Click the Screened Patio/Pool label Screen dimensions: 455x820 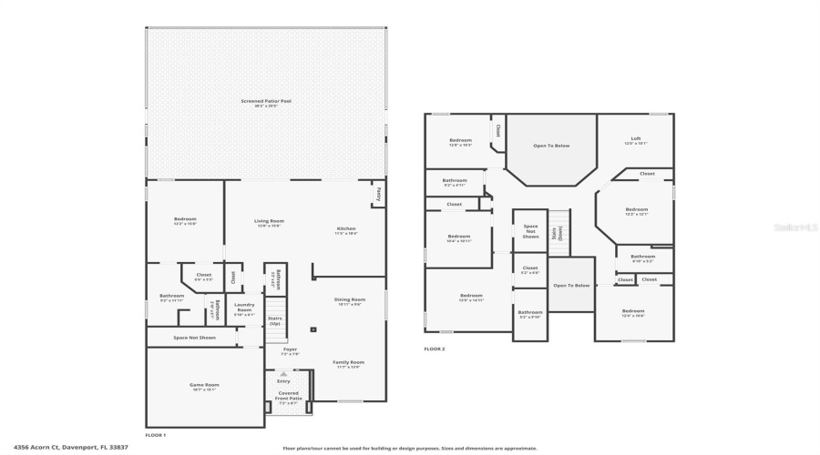(266, 102)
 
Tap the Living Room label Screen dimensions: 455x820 (269, 222)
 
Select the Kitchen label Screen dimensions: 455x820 (346, 230)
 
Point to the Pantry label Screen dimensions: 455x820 (377, 193)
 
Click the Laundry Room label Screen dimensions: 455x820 (244, 308)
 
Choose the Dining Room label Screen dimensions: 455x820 (351, 301)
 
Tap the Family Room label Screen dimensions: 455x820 (348, 364)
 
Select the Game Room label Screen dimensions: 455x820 (204, 387)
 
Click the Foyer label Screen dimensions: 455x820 (290, 350)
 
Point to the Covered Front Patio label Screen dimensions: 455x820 (288, 397)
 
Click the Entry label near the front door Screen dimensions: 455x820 (283, 380)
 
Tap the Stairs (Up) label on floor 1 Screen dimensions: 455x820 (275, 320)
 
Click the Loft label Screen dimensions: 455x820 (636, 140)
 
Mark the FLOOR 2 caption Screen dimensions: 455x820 (435, 349)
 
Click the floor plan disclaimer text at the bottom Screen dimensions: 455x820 (410, 448)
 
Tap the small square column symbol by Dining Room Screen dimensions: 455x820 (313, 329)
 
